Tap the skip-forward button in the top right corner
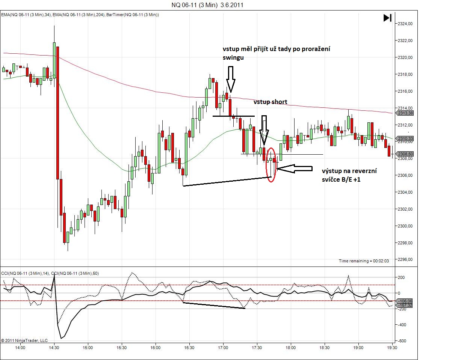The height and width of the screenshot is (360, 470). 387,18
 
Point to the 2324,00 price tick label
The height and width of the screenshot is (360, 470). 405,24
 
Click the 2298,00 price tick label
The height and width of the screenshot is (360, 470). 405,243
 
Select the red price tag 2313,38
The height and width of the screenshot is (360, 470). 405,113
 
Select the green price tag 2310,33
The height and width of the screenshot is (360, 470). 405,139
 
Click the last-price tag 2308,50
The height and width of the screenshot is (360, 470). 405,154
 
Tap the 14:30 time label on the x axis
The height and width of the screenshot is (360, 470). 54,348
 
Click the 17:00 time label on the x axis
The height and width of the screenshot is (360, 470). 223,348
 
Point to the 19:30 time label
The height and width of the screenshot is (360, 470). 392,348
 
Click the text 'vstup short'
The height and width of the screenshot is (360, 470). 270,102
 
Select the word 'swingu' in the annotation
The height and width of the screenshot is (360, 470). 233,57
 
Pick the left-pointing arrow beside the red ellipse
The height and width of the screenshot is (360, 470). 295,169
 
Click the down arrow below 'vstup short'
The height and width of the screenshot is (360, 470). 264,130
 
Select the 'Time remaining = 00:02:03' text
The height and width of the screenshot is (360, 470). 364,261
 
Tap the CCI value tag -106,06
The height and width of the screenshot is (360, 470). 405,301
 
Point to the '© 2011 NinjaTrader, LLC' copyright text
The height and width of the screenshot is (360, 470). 24,340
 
